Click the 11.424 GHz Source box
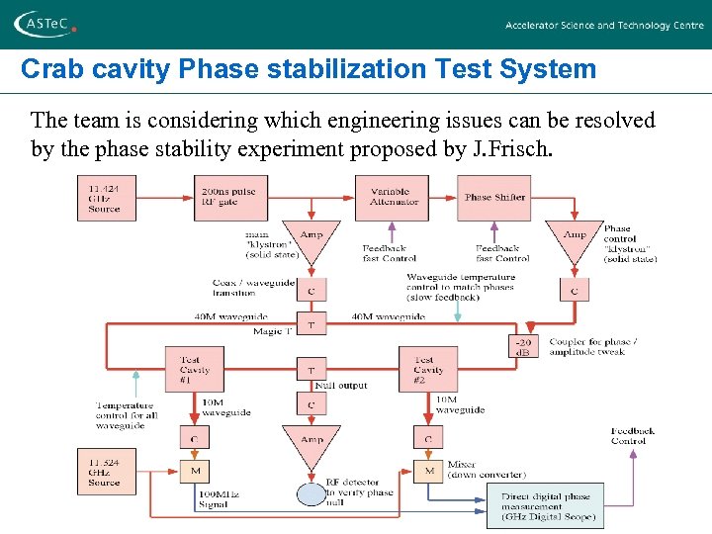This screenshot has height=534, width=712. click(108, 198)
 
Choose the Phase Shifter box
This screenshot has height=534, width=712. click(493, 198)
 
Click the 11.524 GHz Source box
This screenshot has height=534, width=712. click(106, 473)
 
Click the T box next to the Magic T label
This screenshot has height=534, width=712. click(311, 325)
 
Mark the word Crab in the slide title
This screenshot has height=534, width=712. click(48, 69)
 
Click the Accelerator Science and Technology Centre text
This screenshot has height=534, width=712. click(604, 26)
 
